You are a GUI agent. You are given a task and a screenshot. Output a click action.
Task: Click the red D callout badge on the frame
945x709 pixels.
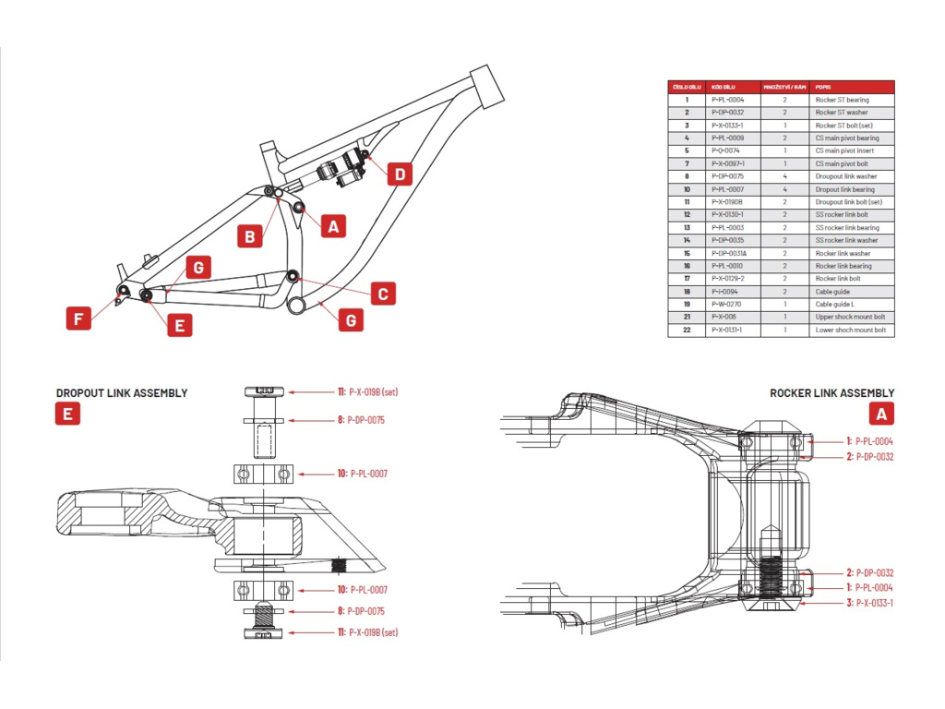399,174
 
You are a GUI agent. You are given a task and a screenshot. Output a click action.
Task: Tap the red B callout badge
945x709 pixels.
249,236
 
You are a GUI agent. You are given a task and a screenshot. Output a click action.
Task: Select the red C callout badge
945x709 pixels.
382,294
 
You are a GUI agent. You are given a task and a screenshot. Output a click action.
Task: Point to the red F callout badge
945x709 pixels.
79,319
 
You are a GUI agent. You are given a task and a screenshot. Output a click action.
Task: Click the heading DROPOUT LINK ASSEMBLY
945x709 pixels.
122,393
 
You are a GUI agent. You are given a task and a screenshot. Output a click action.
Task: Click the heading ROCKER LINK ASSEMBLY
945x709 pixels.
831,393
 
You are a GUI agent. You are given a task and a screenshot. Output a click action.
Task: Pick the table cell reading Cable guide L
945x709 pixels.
835,304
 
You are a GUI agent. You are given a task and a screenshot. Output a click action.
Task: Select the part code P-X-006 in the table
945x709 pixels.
724,317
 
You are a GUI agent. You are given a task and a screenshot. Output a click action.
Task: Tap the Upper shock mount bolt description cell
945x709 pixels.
849,317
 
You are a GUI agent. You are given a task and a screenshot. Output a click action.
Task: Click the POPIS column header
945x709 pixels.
823,86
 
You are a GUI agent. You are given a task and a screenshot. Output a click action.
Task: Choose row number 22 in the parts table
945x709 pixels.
687,330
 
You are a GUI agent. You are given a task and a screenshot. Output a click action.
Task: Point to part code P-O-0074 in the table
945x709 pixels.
725,150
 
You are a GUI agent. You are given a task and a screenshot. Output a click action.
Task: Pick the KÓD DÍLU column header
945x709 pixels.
724,86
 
